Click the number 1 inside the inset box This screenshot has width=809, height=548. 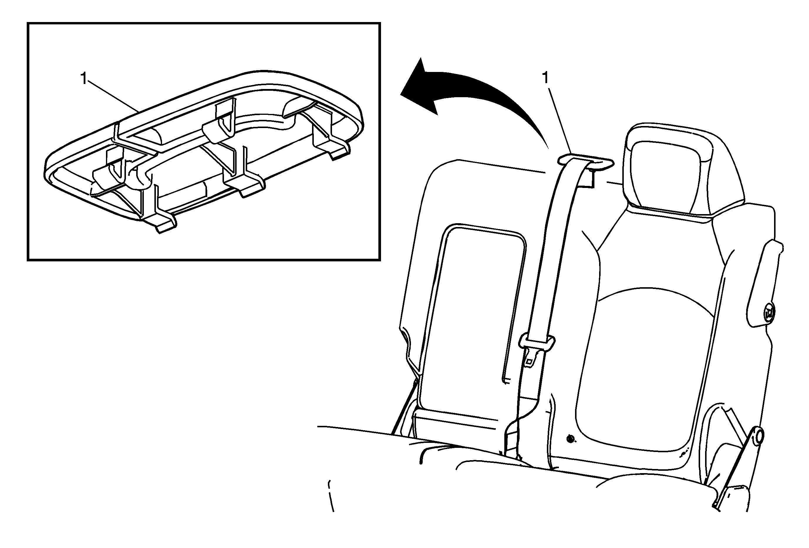84,79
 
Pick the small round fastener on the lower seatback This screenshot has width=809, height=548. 570,439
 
